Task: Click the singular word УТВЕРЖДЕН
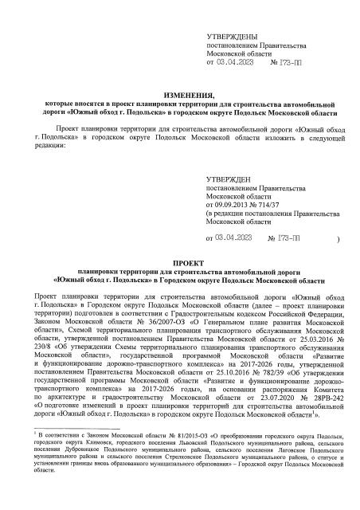coord(231,179)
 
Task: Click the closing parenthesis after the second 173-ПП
coord(339,238)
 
